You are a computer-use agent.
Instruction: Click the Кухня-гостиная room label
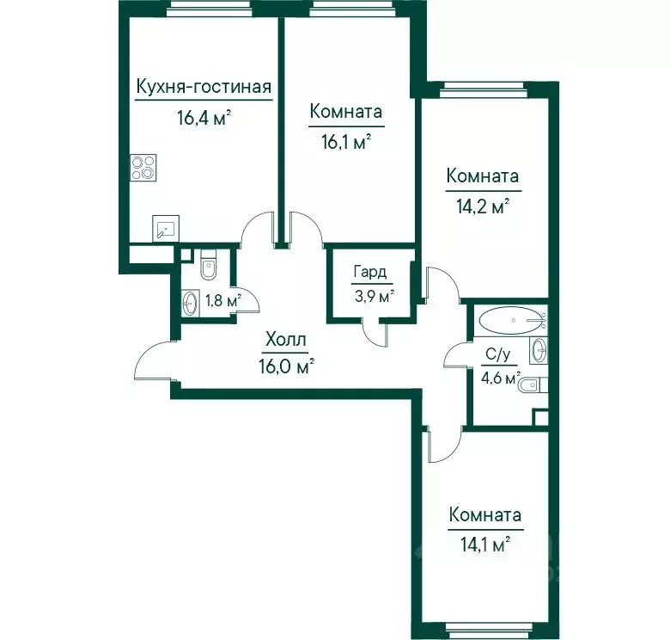coord(204,87)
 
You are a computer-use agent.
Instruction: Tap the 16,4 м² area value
coord(204,118)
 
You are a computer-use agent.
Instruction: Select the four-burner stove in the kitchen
coord(143,168)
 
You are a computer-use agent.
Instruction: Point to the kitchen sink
coord(166,229)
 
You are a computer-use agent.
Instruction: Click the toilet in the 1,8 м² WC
coord(209,264)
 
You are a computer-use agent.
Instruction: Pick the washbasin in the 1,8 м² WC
coord(190,303)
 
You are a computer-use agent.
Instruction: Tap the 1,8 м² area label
coord(223,301)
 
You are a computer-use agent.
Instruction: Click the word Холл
coord(285,340)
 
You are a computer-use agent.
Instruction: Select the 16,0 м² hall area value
coord(286,366)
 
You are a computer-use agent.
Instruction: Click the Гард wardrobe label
coord(370,272)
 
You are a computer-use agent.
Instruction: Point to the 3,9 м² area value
coord(374,296)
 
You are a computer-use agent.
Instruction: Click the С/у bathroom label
coord(498,354)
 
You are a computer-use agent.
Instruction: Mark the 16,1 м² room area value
coord(345,142)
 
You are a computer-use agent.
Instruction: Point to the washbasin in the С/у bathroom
coord(539,350)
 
